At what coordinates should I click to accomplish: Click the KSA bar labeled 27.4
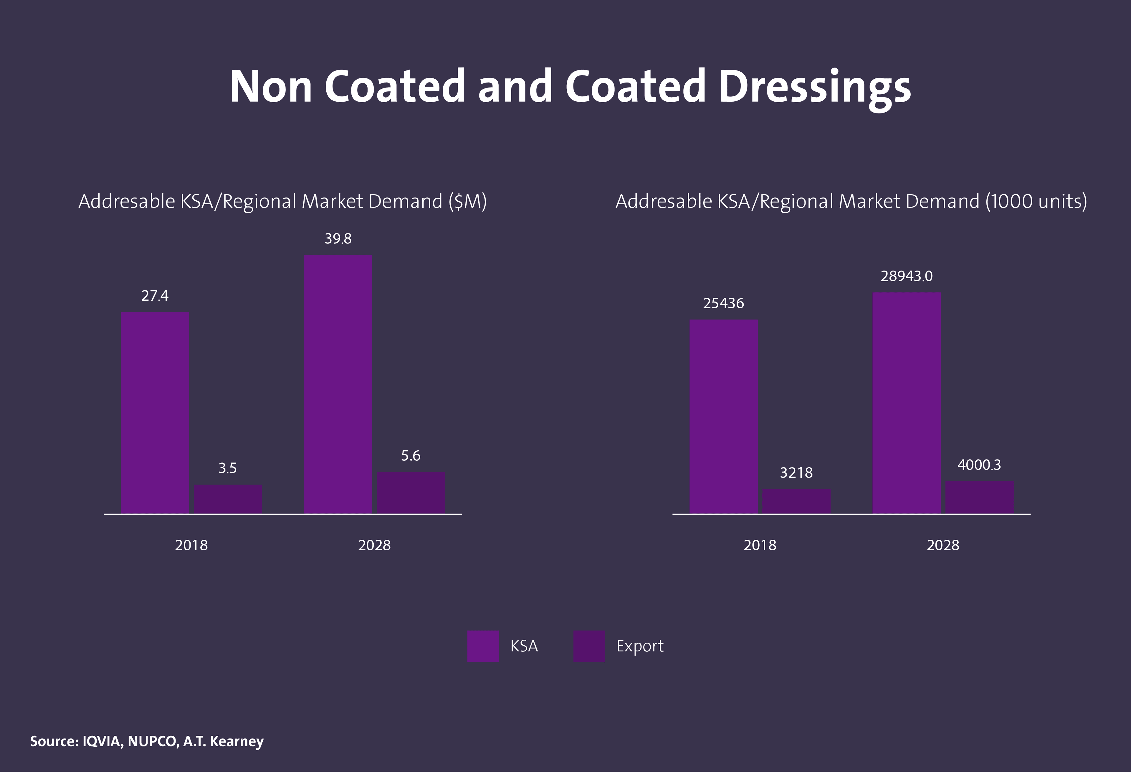[x=155, y=413]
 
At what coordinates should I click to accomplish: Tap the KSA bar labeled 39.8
[x=338, y=384]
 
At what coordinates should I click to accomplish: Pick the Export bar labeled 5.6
[x=411, y=493]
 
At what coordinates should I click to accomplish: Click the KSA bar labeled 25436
[x=724, y=417]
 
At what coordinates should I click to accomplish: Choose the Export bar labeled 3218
[x=796, y=501]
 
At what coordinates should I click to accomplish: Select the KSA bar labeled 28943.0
[x=906, y=403]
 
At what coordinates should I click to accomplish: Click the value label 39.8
[x=338, y=239]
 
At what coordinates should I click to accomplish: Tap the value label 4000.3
[x=979, y=465]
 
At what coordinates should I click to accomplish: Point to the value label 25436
[x=724, y=303]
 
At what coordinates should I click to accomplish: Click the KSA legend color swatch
[x=483, y=646]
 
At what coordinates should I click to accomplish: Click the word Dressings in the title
[x=814, y=87]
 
